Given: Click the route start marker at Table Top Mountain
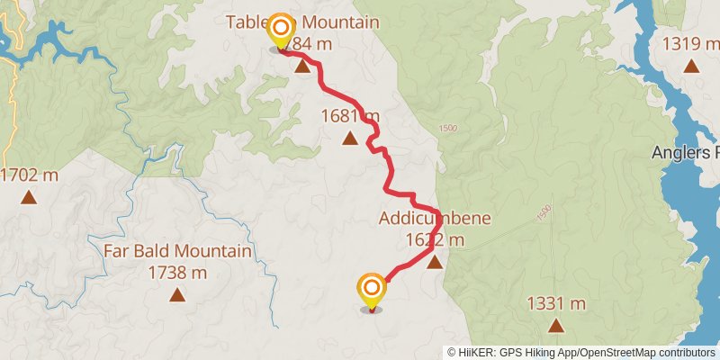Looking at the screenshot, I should click(x=281, y=29).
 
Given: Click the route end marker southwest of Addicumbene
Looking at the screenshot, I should click(x=371, y=290).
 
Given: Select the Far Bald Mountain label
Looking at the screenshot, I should click(x=177, y=251).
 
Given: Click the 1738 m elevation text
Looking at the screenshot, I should click(x=177, y=272).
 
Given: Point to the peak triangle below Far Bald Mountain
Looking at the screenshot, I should click(x=177, y=295).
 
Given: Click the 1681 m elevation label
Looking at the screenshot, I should click(x=350, y=116).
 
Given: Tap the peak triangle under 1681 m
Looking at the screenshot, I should click(x=349, y=138).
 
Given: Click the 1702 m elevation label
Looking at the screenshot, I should click(x=29, y=175).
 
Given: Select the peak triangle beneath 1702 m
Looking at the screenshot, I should click(x=29, y=196).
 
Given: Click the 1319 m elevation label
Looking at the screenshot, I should click(x=690, y=43).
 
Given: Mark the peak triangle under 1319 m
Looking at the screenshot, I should click(x=690, y=65).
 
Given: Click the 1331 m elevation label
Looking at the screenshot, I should click(x=557, y=303).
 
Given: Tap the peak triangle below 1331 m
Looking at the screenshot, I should click(x=557, y=325).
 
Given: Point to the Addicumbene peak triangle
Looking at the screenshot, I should click(x=435, y=263).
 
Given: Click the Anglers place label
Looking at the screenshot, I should click(x=685, y=153).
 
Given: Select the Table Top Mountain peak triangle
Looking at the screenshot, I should click(x=301, y=67).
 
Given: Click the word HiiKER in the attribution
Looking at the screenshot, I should click(x=477, y=353).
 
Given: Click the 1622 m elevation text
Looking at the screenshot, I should click(x=435, y=239).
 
